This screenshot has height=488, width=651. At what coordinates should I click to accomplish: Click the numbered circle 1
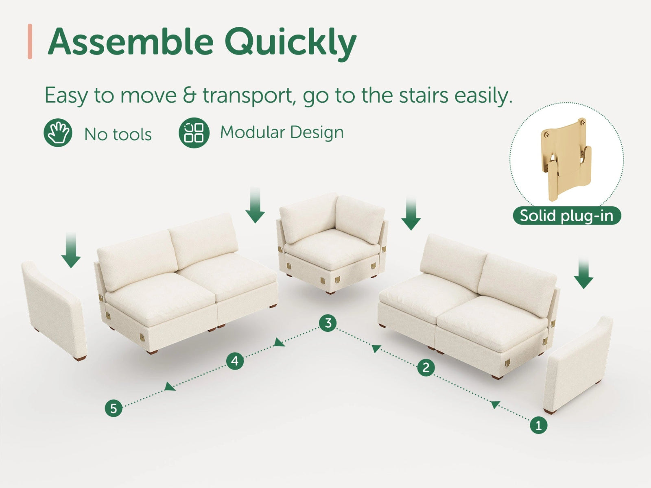pyautogui.click(x=538, y=425)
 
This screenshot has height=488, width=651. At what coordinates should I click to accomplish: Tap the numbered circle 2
pyautogui.click(x=426, y=368)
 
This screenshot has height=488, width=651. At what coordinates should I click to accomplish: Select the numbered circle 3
pyautogui.click(x=328, y=323)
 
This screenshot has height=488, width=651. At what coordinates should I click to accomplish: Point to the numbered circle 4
pyautogui.click(x=235, y=361)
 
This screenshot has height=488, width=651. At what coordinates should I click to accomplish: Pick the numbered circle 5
pyautogui.click(x=114, y=408)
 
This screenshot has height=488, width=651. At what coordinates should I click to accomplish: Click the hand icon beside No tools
pyautogui.click(x=58, y=133)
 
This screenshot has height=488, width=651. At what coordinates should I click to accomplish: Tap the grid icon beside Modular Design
pyautogui.click(x=194, y=133)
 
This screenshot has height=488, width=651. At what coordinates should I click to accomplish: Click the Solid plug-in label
pyautogui.click(x=567, y=216)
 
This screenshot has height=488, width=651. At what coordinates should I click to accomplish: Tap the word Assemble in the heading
pyautogui.click(x=130, y=41)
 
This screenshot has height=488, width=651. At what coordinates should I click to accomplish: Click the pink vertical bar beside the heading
pyautogui.click(x=30, y=41)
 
